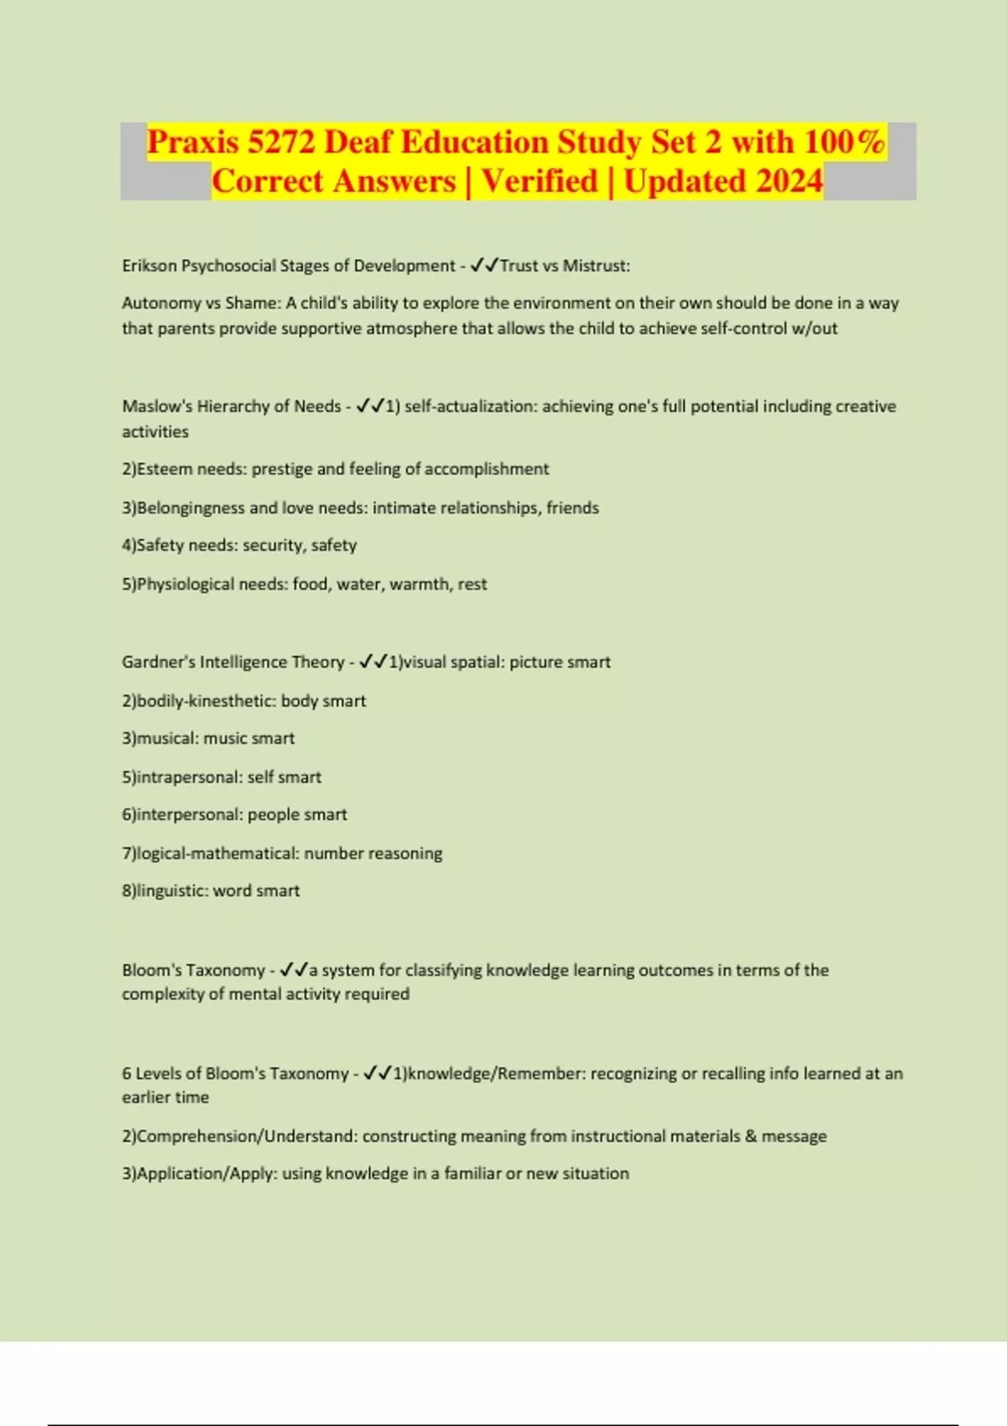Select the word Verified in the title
pos(540,181)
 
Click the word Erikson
pos(149,266)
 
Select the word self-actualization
pos(470,406)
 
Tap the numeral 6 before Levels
pos(127,1074)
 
